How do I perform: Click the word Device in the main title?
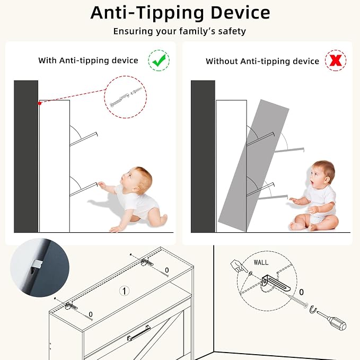coord(240,13)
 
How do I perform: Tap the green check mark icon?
coord(159,60)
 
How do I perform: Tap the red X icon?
coord(336,60)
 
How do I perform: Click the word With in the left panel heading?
coord(47,60)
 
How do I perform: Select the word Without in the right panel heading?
coord(222,62)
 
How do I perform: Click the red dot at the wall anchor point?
coord(39,103)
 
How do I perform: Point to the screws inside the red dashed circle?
coord(126,98)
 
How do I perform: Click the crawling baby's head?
coord(137,180)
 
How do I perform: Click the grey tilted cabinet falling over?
coord(253,165)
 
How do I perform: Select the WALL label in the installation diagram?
coord(261,262)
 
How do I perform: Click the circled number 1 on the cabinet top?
coord(125,291)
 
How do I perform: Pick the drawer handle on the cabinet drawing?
coord(139,333)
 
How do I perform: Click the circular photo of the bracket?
coord(40,268)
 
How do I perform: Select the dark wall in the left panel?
coord(26,156)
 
